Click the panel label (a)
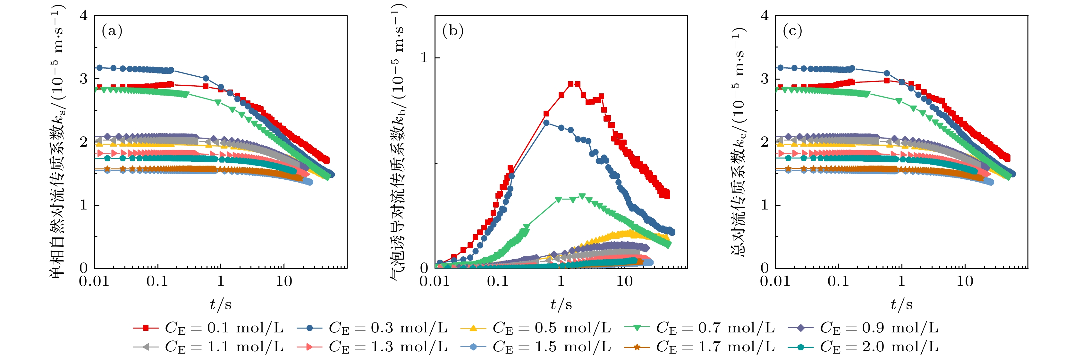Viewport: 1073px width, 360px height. (112, 31)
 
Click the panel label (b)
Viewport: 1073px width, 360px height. (453, 31)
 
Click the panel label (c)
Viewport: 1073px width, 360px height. (793, 31)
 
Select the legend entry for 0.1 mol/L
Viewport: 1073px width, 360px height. (208, 328)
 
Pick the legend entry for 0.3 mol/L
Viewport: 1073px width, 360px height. (372, 328)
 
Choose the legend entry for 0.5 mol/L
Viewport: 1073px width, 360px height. (536, 328)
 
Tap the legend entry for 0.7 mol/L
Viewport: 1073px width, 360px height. (699, 328)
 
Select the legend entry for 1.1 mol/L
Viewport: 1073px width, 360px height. (208, 346)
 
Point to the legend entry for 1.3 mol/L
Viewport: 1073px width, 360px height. (372, 346)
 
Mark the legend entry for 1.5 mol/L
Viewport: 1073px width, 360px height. (536, 346)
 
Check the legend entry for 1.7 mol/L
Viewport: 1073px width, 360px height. (699, 346)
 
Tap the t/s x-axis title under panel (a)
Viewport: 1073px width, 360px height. (221, 304)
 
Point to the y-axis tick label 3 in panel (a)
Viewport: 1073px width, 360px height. (84, 79)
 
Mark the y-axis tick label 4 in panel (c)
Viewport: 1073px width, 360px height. (765, 16)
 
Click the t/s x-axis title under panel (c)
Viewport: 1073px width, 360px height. (901, 304)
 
